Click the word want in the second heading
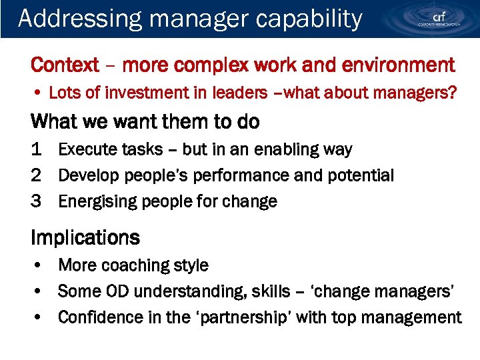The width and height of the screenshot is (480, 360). click(129, 122)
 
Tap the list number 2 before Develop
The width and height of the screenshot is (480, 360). click(37, 176)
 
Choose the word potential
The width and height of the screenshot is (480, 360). click(361, 176)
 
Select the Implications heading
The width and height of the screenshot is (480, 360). click(85, 238)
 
